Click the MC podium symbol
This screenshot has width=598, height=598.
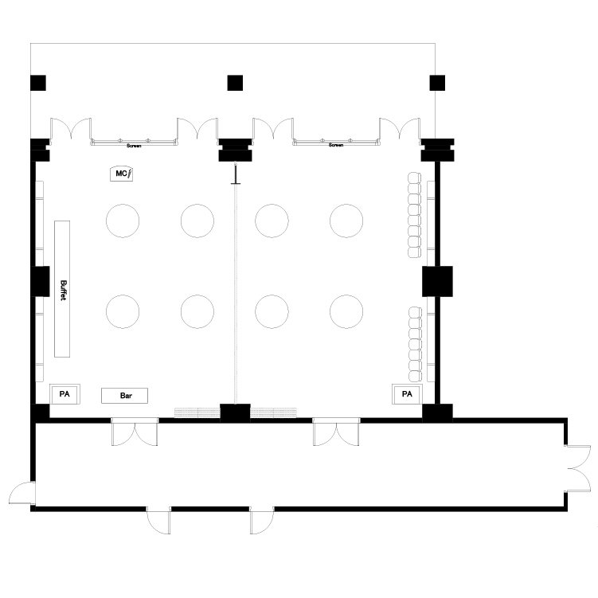[121, 174]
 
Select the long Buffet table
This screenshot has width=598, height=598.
[62, 289]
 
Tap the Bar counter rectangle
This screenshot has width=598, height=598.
[124, 396]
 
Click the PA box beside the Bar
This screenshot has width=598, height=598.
[64, 394]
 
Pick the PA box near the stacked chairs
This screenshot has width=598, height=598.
[408, 394]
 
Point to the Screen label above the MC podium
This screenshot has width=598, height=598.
[134, 146]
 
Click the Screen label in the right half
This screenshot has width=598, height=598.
[336, 145]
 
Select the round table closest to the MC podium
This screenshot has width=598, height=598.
[123, 221]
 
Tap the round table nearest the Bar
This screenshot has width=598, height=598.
[123, 311]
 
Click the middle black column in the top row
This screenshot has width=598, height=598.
[235, 83]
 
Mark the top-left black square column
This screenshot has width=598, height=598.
[38, 83]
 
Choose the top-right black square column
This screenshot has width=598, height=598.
[437, 83]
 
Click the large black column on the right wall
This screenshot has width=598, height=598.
[437, 281]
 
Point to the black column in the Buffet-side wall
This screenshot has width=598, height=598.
[40, 281]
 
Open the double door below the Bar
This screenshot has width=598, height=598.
[135, 432]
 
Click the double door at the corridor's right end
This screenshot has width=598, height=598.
[577, 469]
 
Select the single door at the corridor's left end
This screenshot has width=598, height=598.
[21, 493]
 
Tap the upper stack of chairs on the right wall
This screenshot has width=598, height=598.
[414, 215]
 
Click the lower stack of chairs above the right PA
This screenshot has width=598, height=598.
[415, 344]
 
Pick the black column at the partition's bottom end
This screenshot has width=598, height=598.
[235, 413]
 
